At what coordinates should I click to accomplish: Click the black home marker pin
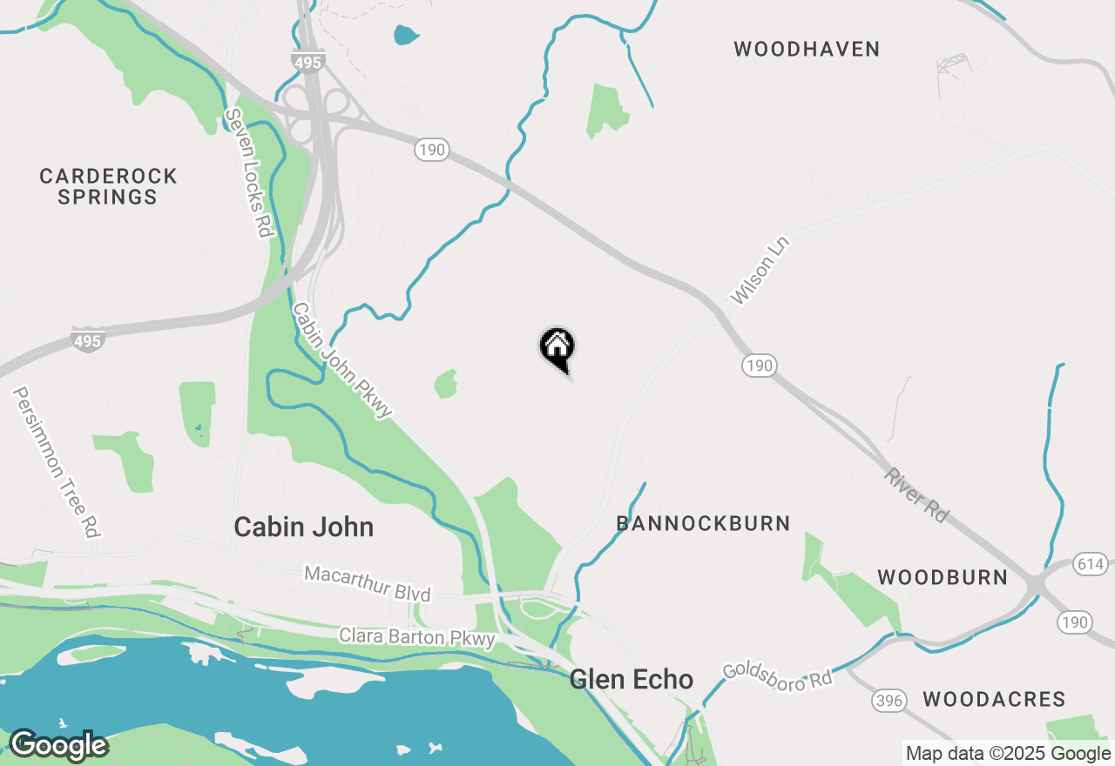(x=557, y=347)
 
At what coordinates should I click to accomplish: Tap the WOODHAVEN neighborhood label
(x=807, y=49)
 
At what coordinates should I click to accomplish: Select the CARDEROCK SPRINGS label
(x=108, y=186)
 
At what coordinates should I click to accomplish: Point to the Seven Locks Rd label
(x=248, y=173)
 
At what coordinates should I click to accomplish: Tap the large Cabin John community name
(x=304, y=527)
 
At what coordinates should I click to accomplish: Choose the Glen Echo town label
(x=632, y=679)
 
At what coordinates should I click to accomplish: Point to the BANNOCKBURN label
(x=703, y=523)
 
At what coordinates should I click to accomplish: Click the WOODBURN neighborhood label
(x=943, y=577)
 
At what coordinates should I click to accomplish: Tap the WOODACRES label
(x=994, y=699)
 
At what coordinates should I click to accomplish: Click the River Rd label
(x=916, y=495)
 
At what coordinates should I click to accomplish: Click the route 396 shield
(x=888, y=700)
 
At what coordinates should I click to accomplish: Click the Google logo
(x=58, y=745)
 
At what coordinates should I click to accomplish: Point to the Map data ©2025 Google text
(x=1008, y=754)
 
